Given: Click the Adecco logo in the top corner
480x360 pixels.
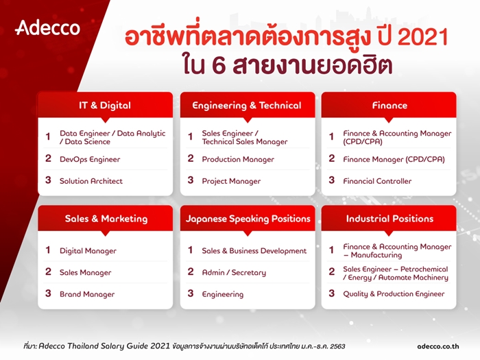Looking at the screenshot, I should click(x=47, y=28).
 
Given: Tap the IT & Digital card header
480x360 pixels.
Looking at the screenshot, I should click(x=104, y=106).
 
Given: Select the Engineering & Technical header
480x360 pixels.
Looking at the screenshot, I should click(x=246, y=106).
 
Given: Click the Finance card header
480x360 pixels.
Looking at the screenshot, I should click(x=389, y=106).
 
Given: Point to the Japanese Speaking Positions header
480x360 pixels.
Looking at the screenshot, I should click(x=248, y=219).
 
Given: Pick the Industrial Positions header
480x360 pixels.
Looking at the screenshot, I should click(x=389, y=219).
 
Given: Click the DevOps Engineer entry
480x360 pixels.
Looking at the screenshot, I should click(x=90, y=159).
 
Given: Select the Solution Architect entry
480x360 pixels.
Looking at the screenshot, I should click(x=91, y=181).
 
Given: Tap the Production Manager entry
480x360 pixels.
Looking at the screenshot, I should click(x=238, y=159).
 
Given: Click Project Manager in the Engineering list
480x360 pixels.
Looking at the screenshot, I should click(x=231, y=181).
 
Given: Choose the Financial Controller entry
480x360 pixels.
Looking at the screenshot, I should click(x=377, y=181).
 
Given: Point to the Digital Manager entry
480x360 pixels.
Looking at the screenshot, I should click(x=88, y=251).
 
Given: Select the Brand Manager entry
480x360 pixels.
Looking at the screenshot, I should click(x=87, y=294).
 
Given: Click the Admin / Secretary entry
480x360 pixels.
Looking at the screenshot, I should click(x=234, y=272).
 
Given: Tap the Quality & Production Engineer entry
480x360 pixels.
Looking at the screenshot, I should click(x=394, y=294).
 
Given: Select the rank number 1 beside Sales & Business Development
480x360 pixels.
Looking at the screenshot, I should click(x=191, y=250).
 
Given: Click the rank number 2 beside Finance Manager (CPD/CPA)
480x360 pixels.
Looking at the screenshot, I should click(x=332, y=158).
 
